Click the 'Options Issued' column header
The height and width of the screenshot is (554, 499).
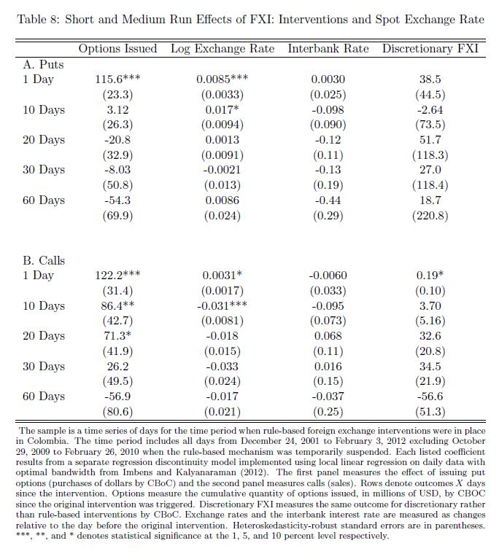coord(117,49)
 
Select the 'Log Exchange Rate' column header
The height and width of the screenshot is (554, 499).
coord(223,49)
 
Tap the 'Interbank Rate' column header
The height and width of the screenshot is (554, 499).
coord(328,49)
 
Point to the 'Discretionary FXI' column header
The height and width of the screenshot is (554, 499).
coord(430,49)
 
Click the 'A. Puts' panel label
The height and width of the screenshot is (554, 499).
coord(43,64)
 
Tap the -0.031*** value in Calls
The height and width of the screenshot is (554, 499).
coord(223,306)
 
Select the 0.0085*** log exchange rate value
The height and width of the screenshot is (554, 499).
coord(223,79)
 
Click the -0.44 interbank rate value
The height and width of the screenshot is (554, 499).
coord(328,200)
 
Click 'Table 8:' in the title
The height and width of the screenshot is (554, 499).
coord(37,19)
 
